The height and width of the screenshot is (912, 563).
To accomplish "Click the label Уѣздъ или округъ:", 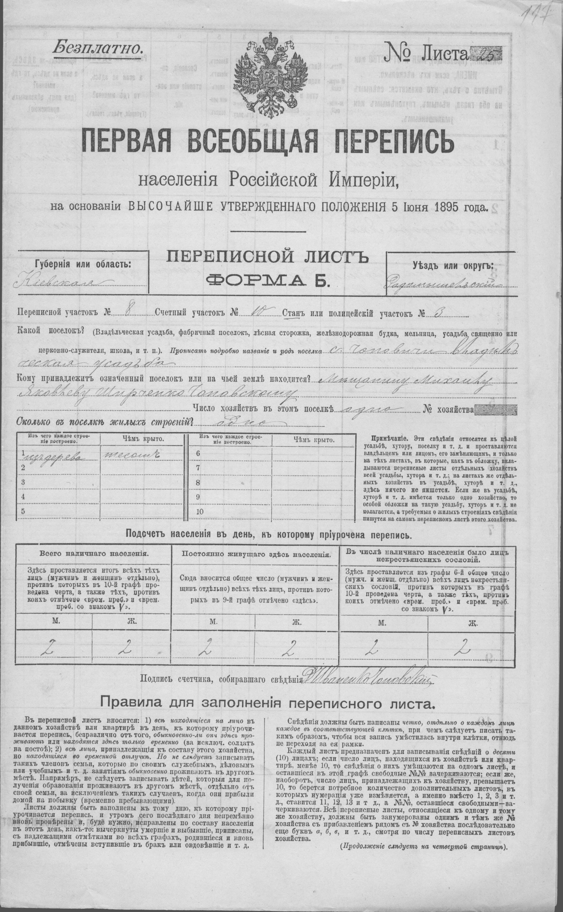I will click(453, 265).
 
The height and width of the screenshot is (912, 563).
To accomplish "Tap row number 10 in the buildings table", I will click(200, 512).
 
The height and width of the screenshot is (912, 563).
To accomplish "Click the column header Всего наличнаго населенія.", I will click(94, 553).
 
